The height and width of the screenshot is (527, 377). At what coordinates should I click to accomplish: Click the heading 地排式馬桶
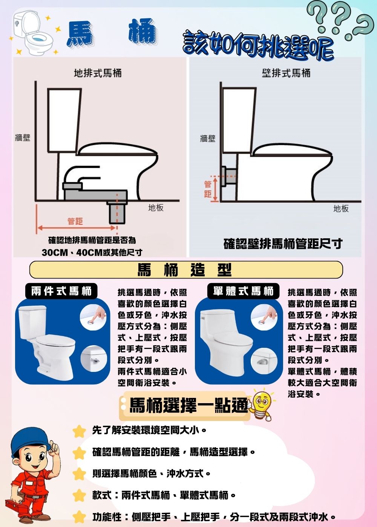coord(98,73)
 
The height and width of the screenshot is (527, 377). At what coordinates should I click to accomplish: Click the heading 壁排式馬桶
coord(286,73)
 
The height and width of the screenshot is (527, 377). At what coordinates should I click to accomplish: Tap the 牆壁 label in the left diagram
coord(22,138)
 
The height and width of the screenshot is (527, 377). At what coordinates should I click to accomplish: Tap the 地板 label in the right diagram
coord(341,209)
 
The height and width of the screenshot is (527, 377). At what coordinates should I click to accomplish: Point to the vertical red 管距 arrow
coord(215,189)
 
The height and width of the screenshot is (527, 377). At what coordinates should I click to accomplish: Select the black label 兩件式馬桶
coord(61,291)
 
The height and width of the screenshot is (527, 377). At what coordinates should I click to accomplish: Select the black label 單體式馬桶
coord(243,291)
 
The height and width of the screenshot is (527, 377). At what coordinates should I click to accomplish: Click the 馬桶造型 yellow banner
coord(185,270)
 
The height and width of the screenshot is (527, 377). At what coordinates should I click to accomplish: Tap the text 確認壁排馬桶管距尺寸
coord(283,244)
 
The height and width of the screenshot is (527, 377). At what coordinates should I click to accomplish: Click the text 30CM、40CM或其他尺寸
coord(92,252)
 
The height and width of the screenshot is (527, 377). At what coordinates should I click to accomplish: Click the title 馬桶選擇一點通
coord(188,405)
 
